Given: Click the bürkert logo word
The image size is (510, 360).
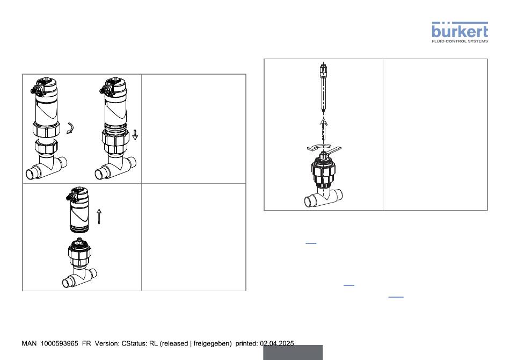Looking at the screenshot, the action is [460, 31].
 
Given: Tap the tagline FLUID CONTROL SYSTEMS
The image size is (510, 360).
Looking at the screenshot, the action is [460, 41].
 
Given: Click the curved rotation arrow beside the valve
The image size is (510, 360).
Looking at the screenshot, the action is [70, 128].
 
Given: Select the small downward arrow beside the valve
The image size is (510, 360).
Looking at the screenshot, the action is [135, 135].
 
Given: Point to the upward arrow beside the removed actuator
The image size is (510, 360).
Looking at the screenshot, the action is [99, 217].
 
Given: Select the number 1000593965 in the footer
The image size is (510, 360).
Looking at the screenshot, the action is [59, 343].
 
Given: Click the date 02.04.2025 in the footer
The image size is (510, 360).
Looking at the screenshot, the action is [277, 343].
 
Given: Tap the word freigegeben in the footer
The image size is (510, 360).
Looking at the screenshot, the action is [213, 344].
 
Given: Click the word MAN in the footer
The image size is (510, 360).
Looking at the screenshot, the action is [30, 343].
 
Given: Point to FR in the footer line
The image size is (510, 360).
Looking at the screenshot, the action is [86, 343].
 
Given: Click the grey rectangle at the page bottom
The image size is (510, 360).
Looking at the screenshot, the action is [293, 352].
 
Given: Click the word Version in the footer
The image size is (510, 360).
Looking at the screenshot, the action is [107, 343].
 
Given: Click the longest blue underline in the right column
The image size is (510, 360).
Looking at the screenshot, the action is [396, 297].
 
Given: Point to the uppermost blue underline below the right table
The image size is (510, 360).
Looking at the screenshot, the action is [311, 243].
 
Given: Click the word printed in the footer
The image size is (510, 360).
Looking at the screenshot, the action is [246, 343].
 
